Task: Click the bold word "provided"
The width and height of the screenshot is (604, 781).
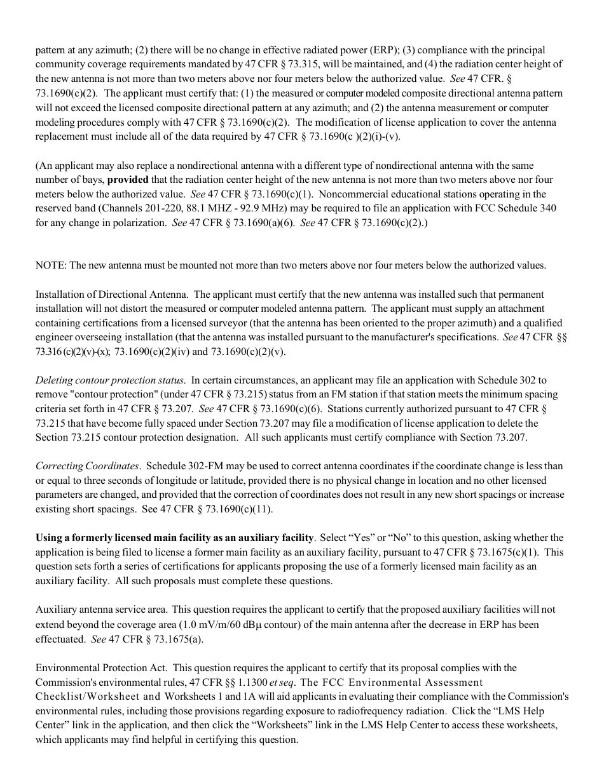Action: [128, 180]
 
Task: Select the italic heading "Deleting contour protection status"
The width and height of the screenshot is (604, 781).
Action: [110, 380]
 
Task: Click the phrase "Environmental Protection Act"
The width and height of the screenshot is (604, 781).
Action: [101, 668]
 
